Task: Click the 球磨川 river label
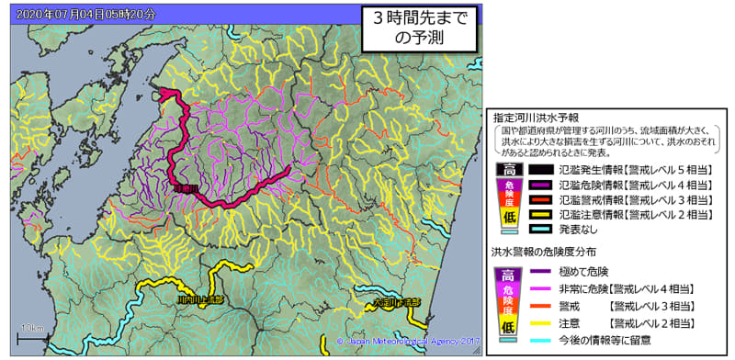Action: [x=187, y=189]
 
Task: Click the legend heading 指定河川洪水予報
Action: [x=536, y=118]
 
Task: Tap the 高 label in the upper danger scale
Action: [x=504, y=170]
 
